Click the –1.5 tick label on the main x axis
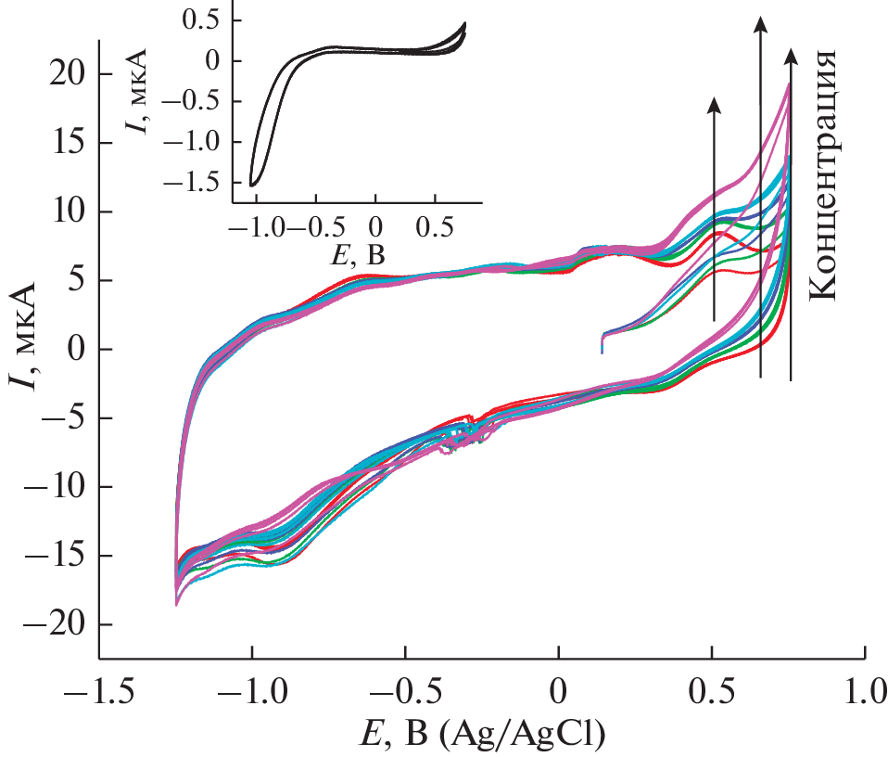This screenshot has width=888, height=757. pos(100,692)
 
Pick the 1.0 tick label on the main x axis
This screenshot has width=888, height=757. pos(864,692)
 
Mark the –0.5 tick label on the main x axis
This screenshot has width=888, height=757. pos(404,692)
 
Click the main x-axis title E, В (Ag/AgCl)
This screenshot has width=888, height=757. pos(481,735)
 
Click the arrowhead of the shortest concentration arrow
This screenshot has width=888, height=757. pos(714,103)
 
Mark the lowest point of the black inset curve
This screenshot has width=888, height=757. pos(252,185)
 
